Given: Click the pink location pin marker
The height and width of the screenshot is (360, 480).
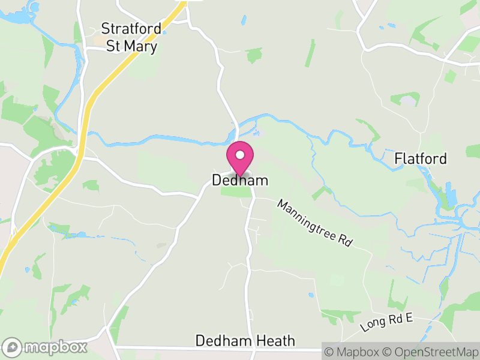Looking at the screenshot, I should (240, 159).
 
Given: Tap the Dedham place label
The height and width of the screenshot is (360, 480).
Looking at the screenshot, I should (240, 180).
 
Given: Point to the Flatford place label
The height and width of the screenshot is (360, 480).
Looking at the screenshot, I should (421, 159).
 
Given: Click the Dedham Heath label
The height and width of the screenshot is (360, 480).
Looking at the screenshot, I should (245, 341).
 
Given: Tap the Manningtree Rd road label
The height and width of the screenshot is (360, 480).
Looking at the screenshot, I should (313, 223).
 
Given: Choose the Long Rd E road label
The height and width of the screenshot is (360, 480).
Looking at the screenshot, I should (387, 323).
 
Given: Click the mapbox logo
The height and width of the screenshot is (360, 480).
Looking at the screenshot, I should (46, 347).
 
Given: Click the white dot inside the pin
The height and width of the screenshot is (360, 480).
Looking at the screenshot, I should (240, 155).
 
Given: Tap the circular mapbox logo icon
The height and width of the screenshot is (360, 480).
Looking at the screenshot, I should (11, 347).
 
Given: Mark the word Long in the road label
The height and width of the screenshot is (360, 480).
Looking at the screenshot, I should (372, 326).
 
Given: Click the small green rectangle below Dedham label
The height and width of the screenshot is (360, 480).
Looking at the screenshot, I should (236, 191).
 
